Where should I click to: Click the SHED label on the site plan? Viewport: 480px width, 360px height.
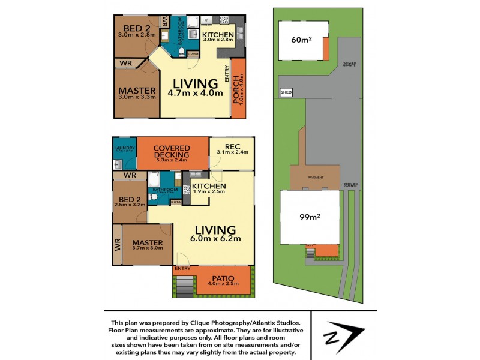pyautogui.click(x=286, y=92)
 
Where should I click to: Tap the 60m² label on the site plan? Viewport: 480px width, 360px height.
pyautogui.click(x=299, y=41)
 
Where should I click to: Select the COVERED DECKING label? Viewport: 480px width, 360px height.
pyautogui.click(x=172, y=152)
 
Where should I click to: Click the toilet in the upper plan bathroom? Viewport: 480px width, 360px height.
pyautogui.click(x=182, y=53)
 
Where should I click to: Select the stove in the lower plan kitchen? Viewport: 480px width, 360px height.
pyautogui.click(x=187, y=190)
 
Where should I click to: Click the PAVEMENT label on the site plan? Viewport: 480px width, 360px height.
pyautogui.click(x=316, y=178)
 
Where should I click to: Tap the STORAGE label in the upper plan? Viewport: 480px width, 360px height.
pyautogui.click(x=193, y=54)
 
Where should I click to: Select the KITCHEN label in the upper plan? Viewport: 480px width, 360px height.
pyautogui.click(x=217, y=35)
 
